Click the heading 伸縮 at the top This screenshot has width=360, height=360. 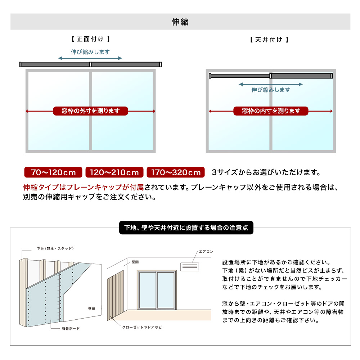tap(180, 22)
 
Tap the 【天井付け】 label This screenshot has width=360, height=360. tap(269, 40)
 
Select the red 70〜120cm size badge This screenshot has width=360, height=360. tap(53, 172)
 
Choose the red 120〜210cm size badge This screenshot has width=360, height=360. tap(114, 172)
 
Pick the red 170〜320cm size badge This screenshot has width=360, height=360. tap(176, 172)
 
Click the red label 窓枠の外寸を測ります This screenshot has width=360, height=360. tap(90, 111)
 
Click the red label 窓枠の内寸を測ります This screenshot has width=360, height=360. tap(271, 111)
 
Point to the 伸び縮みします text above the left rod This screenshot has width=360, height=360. tap(90, 52)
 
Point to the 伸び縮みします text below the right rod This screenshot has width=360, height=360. tap(271, 90)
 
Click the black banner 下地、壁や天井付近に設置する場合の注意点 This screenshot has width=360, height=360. tap(186, 228)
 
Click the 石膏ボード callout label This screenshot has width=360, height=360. tap(71, 328)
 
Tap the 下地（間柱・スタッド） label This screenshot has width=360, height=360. tap(55, 248)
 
